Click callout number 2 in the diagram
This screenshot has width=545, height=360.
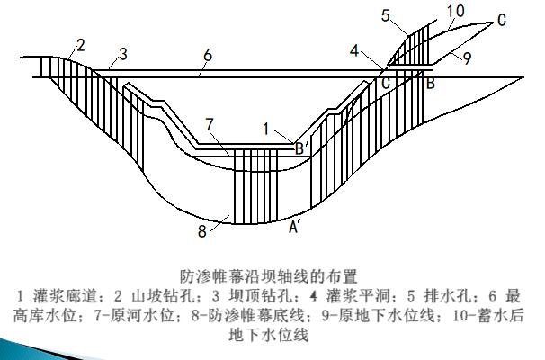tap(80, 44)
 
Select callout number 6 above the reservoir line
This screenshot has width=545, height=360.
tap(207, 56)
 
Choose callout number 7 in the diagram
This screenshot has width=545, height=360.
tap(209, 122)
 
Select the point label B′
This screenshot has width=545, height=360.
tap(301, 150)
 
